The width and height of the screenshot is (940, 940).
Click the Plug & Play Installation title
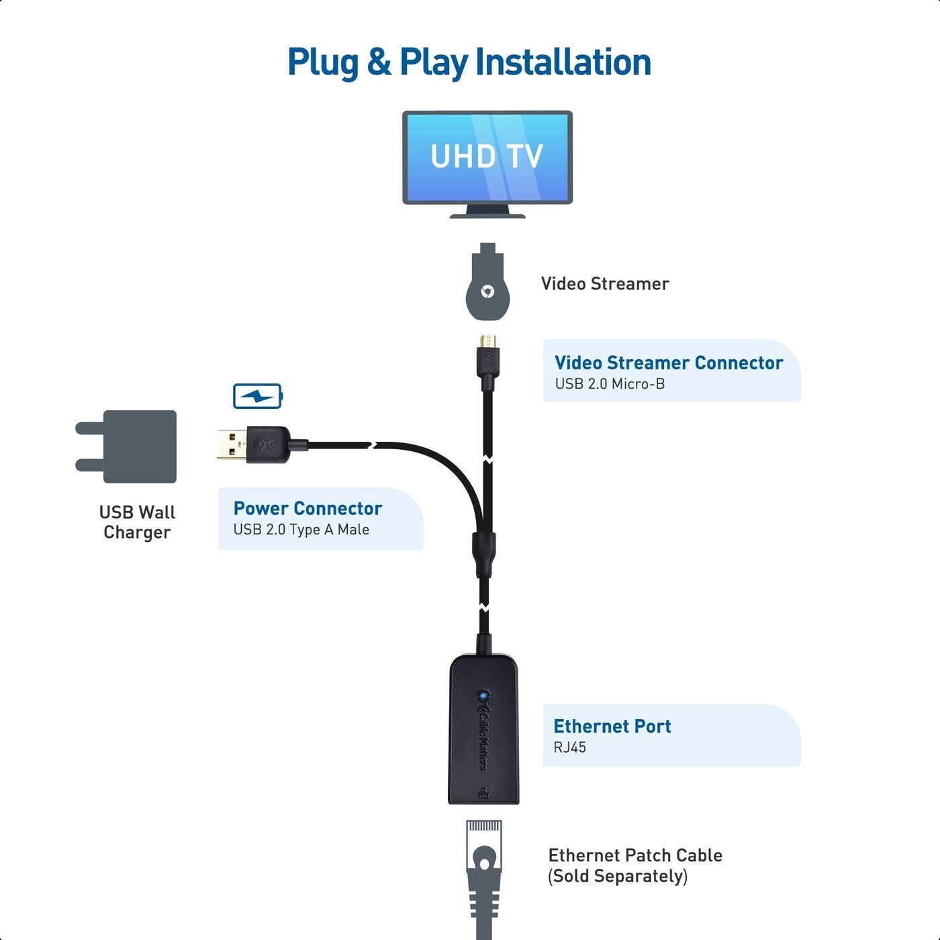[x=469, y=62]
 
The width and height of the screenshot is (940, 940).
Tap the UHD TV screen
[x=487, y=156]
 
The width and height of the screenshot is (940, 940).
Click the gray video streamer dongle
[x=488, y=287]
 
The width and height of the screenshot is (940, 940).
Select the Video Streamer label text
[x=604, y=284]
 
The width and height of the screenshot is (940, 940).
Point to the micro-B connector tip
[x=488, y=341]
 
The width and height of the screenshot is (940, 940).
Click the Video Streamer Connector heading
[x=668, y=363]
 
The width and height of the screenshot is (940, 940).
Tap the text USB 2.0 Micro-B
[x=610, y=384]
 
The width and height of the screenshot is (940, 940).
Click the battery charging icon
[x=258, y=396]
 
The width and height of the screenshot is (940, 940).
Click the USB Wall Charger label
[x=137, y=522]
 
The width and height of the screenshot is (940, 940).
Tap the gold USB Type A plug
[x=231, y=444]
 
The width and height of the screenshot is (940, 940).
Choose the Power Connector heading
[x=308, y=508]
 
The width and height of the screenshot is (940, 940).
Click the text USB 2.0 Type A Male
[x=301, y=530]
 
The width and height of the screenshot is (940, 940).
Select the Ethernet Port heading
[x=612, y=726]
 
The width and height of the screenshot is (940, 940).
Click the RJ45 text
[x=569, y=747]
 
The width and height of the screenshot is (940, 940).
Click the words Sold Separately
[x=618, y=876]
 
